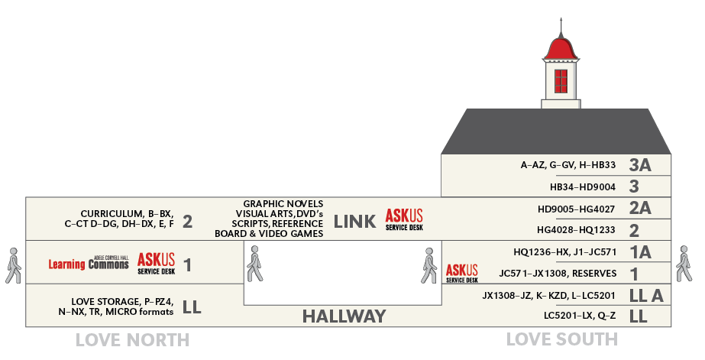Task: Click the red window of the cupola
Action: point(561,80)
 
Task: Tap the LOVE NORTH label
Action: point(132,339)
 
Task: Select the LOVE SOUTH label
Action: point(561,339)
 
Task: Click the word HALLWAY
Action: point(344,316)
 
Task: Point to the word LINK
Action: point(354,222)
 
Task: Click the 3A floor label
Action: point(640,164)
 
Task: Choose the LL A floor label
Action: point(645,296)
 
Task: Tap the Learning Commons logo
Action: point(89,264)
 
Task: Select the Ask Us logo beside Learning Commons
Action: point(157,264)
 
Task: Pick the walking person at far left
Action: point(13,263)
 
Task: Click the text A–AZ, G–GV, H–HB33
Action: point(568,164)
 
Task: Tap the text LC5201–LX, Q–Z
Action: point(580,316)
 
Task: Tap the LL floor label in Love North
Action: point(192,307)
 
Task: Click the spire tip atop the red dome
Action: point(561,18)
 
